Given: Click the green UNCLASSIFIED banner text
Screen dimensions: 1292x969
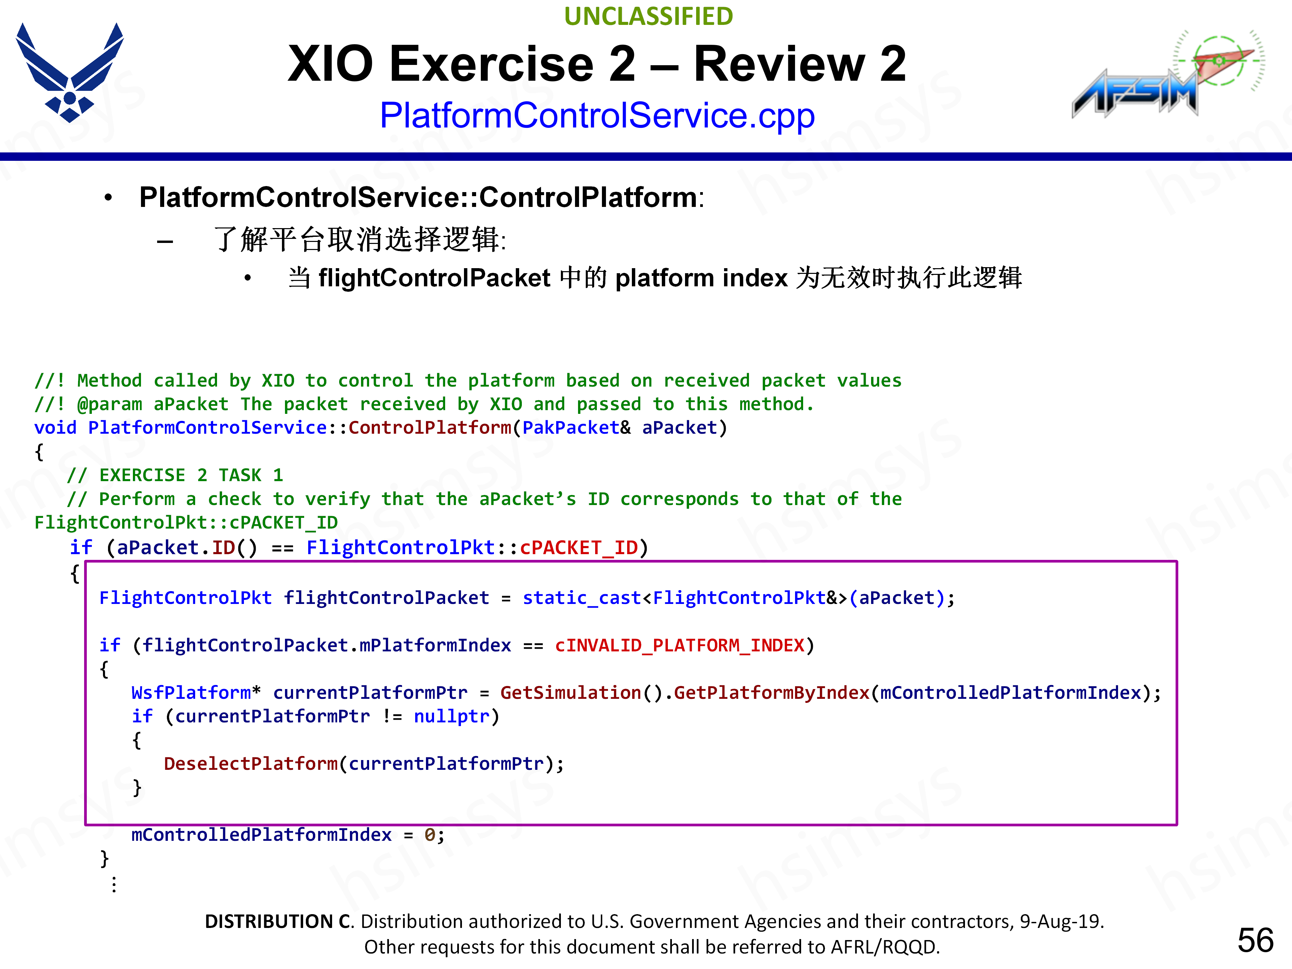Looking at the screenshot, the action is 648,16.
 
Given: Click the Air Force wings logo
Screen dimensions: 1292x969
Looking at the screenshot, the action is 70,73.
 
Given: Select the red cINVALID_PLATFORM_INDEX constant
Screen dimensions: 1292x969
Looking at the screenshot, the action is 680,645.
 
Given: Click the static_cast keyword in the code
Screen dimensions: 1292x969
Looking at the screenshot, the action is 582,598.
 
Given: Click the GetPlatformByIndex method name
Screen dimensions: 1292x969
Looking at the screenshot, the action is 771,693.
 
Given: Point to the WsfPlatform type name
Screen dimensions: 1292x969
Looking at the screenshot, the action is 191,693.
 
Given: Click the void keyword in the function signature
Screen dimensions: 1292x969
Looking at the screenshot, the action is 56,428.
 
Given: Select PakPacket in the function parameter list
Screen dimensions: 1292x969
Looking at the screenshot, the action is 571,428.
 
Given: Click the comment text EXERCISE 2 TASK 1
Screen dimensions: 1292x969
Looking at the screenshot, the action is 191,475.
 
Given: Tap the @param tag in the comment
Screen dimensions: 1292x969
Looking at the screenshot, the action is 109,404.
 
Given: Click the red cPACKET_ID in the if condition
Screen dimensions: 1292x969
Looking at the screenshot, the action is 579,548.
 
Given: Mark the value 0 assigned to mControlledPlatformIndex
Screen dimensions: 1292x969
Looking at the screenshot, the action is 429,835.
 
